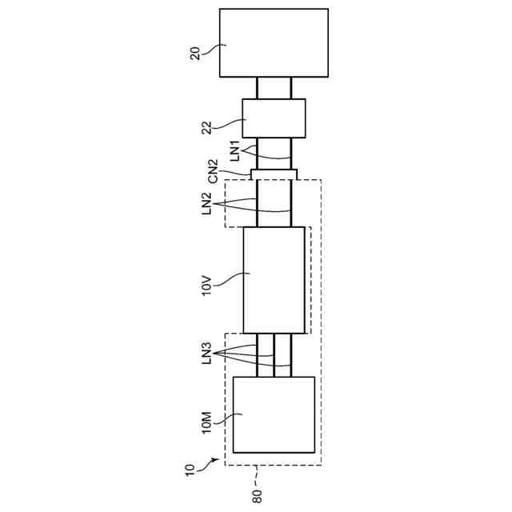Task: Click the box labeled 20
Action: pos(274,42)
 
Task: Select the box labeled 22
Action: pos(274,118)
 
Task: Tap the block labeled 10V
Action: pos(274,280)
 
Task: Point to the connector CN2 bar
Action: pos(274,174)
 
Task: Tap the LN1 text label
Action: pos(236,151)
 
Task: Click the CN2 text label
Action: pos(212,170)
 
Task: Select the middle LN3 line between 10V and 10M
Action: pos(274,355)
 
